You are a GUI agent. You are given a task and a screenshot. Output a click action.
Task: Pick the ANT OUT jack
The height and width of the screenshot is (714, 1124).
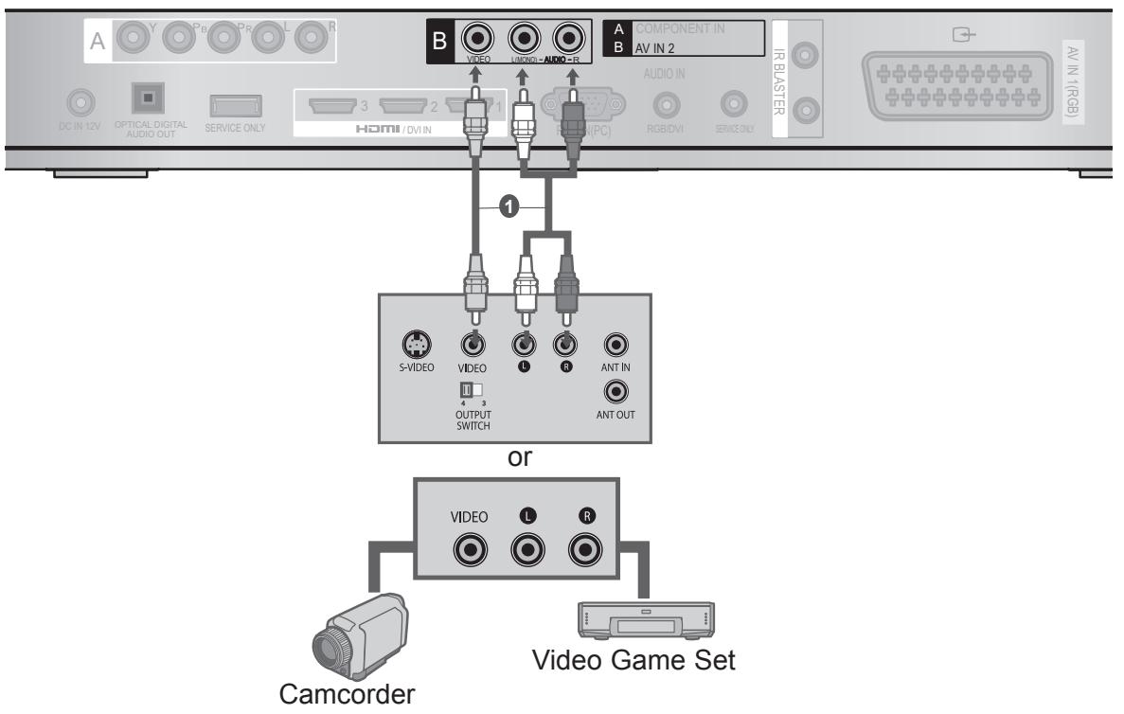[617, 389]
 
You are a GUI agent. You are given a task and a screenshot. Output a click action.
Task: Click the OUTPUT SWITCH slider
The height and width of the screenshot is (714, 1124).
[470, 390]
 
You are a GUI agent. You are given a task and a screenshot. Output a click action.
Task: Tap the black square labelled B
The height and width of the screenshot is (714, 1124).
[438, 43]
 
